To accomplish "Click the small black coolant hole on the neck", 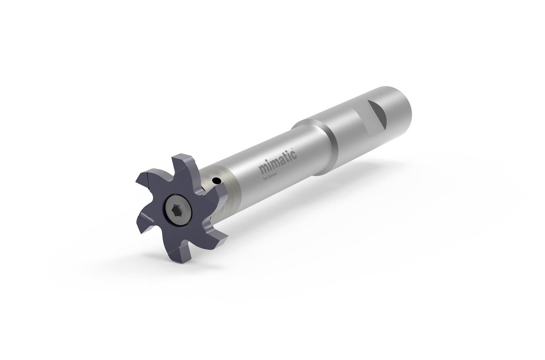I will [215, 180].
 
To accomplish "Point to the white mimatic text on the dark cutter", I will [147, 217].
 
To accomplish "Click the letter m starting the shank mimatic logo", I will [263, 168].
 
